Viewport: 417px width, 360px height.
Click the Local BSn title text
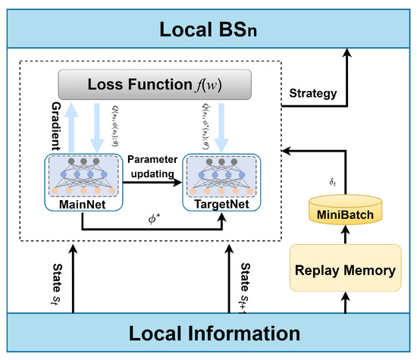pos(208,30)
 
